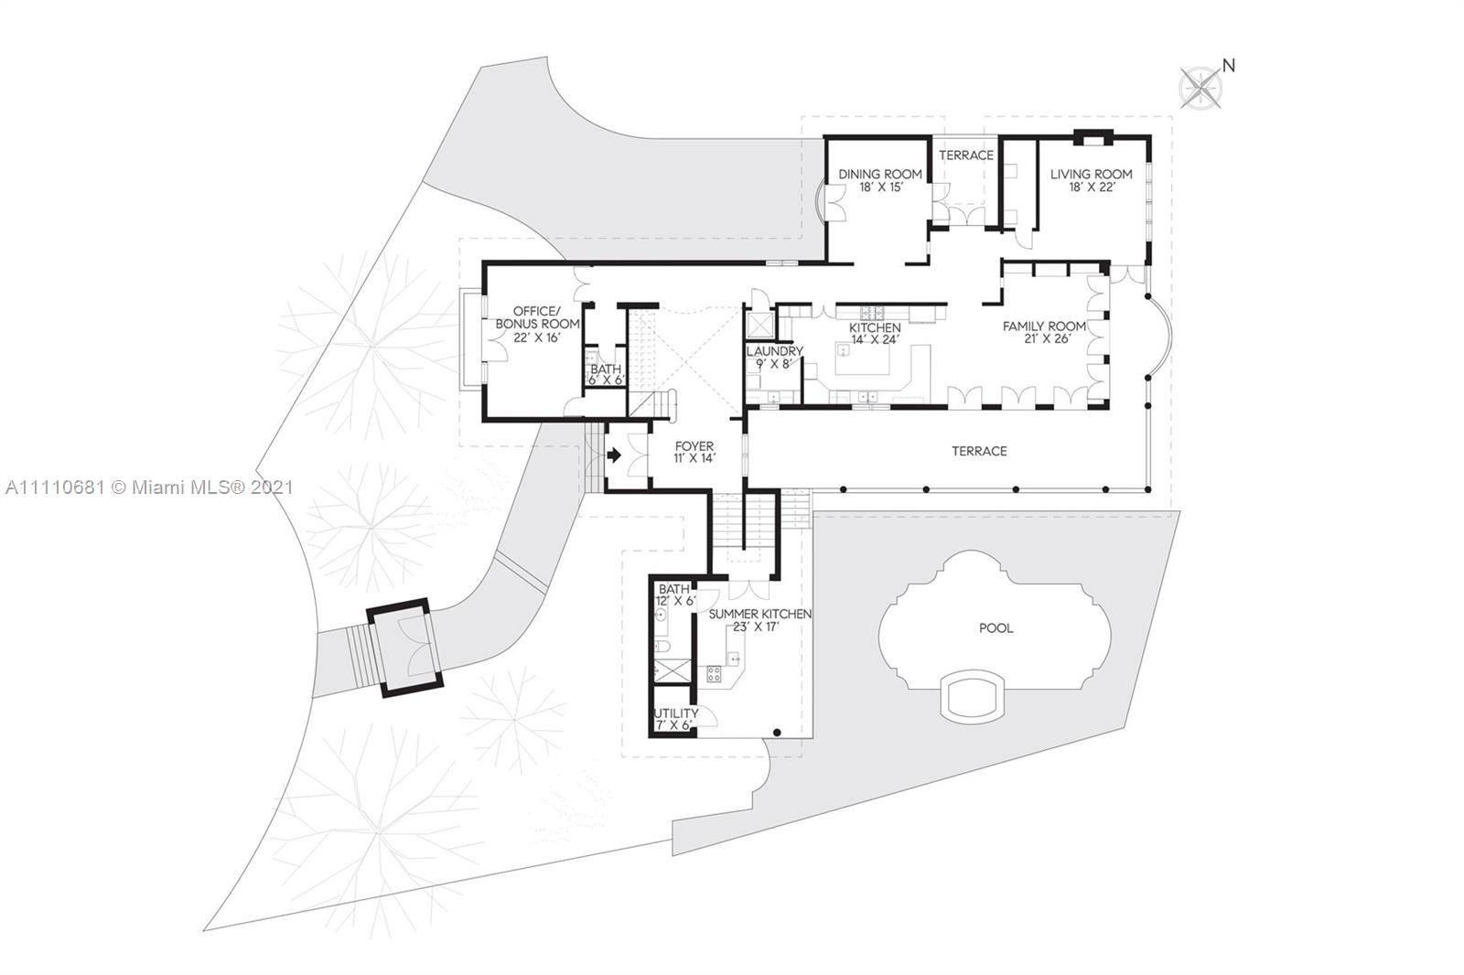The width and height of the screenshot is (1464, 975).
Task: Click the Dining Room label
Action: tap(880, 180)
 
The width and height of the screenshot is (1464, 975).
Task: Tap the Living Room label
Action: tap(1091, 180)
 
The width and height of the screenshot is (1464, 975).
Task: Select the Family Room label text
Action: tap(1044, 332)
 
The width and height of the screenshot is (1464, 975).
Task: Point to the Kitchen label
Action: tap(875, 333)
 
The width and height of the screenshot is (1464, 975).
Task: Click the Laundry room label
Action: tap(774, 358)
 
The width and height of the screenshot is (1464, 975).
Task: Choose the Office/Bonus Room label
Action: tap(537, 324)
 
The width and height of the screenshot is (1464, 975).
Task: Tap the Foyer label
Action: tap(694, 452)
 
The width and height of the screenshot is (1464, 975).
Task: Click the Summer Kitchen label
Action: tap(760, 620)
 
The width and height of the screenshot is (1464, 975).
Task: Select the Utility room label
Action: tap(676, 719)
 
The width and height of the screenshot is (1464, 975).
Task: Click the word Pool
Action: tap(996, 628)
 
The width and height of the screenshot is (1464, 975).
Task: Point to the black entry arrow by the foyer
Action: tap(614, 455)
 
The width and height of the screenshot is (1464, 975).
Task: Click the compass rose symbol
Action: tap(1200, 89)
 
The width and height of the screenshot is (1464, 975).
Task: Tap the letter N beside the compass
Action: tap(1229, 66)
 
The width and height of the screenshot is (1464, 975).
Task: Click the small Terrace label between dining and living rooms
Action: tap(966, 155)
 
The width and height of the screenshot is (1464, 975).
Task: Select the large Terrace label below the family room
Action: tap(979, 451)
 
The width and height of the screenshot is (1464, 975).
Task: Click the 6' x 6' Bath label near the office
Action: tap(606, 374)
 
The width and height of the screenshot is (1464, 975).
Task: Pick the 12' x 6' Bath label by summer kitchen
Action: tap(676, 595)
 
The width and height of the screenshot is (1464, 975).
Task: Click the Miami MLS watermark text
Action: tap(150, 487)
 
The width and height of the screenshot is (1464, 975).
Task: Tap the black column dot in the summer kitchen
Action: tap(777, 733)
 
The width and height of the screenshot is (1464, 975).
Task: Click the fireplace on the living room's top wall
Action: tap(1093, 138)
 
